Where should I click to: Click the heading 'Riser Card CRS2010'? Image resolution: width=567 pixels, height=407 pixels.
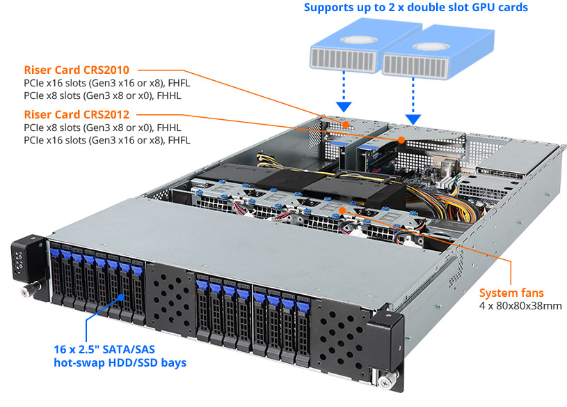click(x=81, y=70)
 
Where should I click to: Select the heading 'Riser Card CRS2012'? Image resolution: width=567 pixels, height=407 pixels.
click(x=81, y=114)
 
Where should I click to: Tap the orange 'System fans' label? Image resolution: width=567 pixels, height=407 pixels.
click(x=512, y=293)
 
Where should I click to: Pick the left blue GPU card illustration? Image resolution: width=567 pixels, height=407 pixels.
click(x=342, y=52)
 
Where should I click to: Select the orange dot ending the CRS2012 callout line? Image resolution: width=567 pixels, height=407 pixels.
click(x=401, y=139)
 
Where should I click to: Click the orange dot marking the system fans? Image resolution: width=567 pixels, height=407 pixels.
click(x=342, y=208)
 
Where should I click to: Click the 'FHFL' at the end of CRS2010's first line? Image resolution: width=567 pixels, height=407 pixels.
click(x=179, y=84)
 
